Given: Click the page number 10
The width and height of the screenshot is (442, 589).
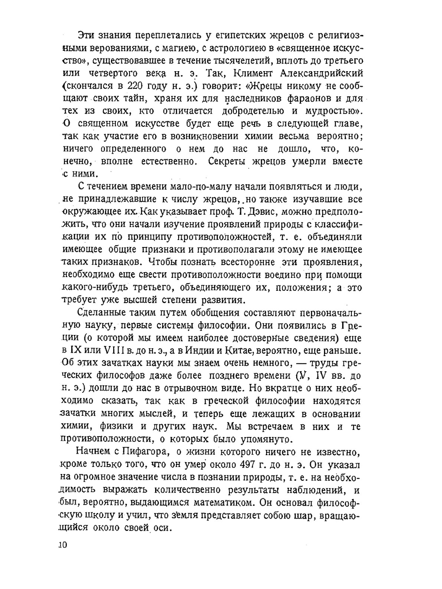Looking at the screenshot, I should pyautogui.click(x=62, y=544).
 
